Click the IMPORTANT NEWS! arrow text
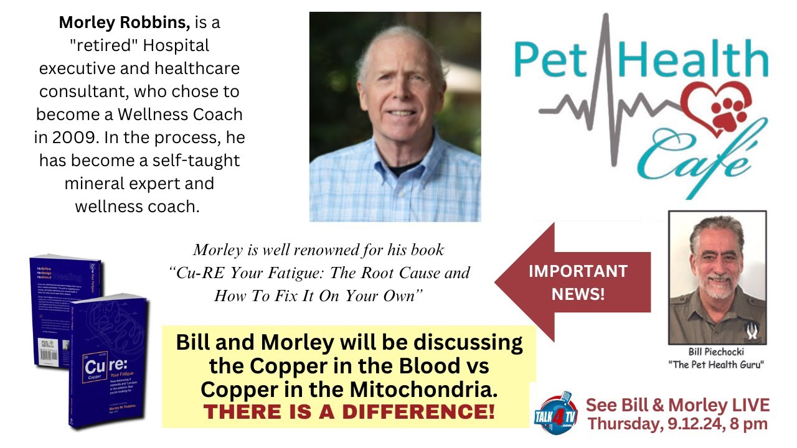(578, 282)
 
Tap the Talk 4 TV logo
(555, 411)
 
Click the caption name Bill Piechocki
(717, 352)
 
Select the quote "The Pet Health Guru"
(717, 365)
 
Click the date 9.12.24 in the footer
(694, 424)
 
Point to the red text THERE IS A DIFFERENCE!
(349, 411)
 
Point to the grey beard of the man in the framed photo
(715, 287)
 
